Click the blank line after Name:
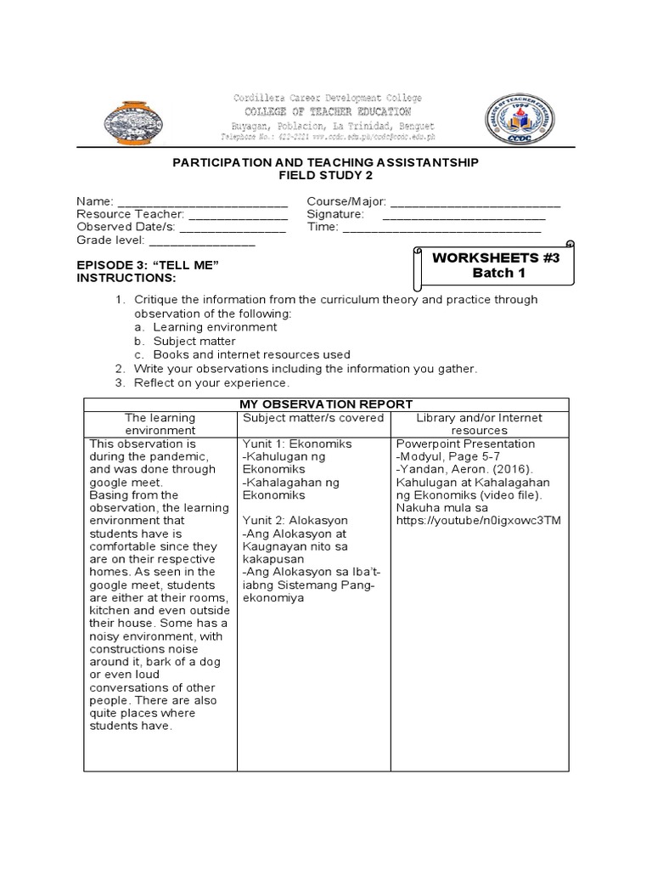pos(202,202)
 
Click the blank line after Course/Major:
pos(475,202)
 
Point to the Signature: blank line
pos(464,215)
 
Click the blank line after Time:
pos(441,228)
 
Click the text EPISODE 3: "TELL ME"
pos(149,266)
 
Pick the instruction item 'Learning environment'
pos(215,327)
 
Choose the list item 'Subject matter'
pos(195,341)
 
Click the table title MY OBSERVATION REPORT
pos(325,404)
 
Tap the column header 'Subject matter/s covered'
pos(314,418)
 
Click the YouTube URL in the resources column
pos(478,520)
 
